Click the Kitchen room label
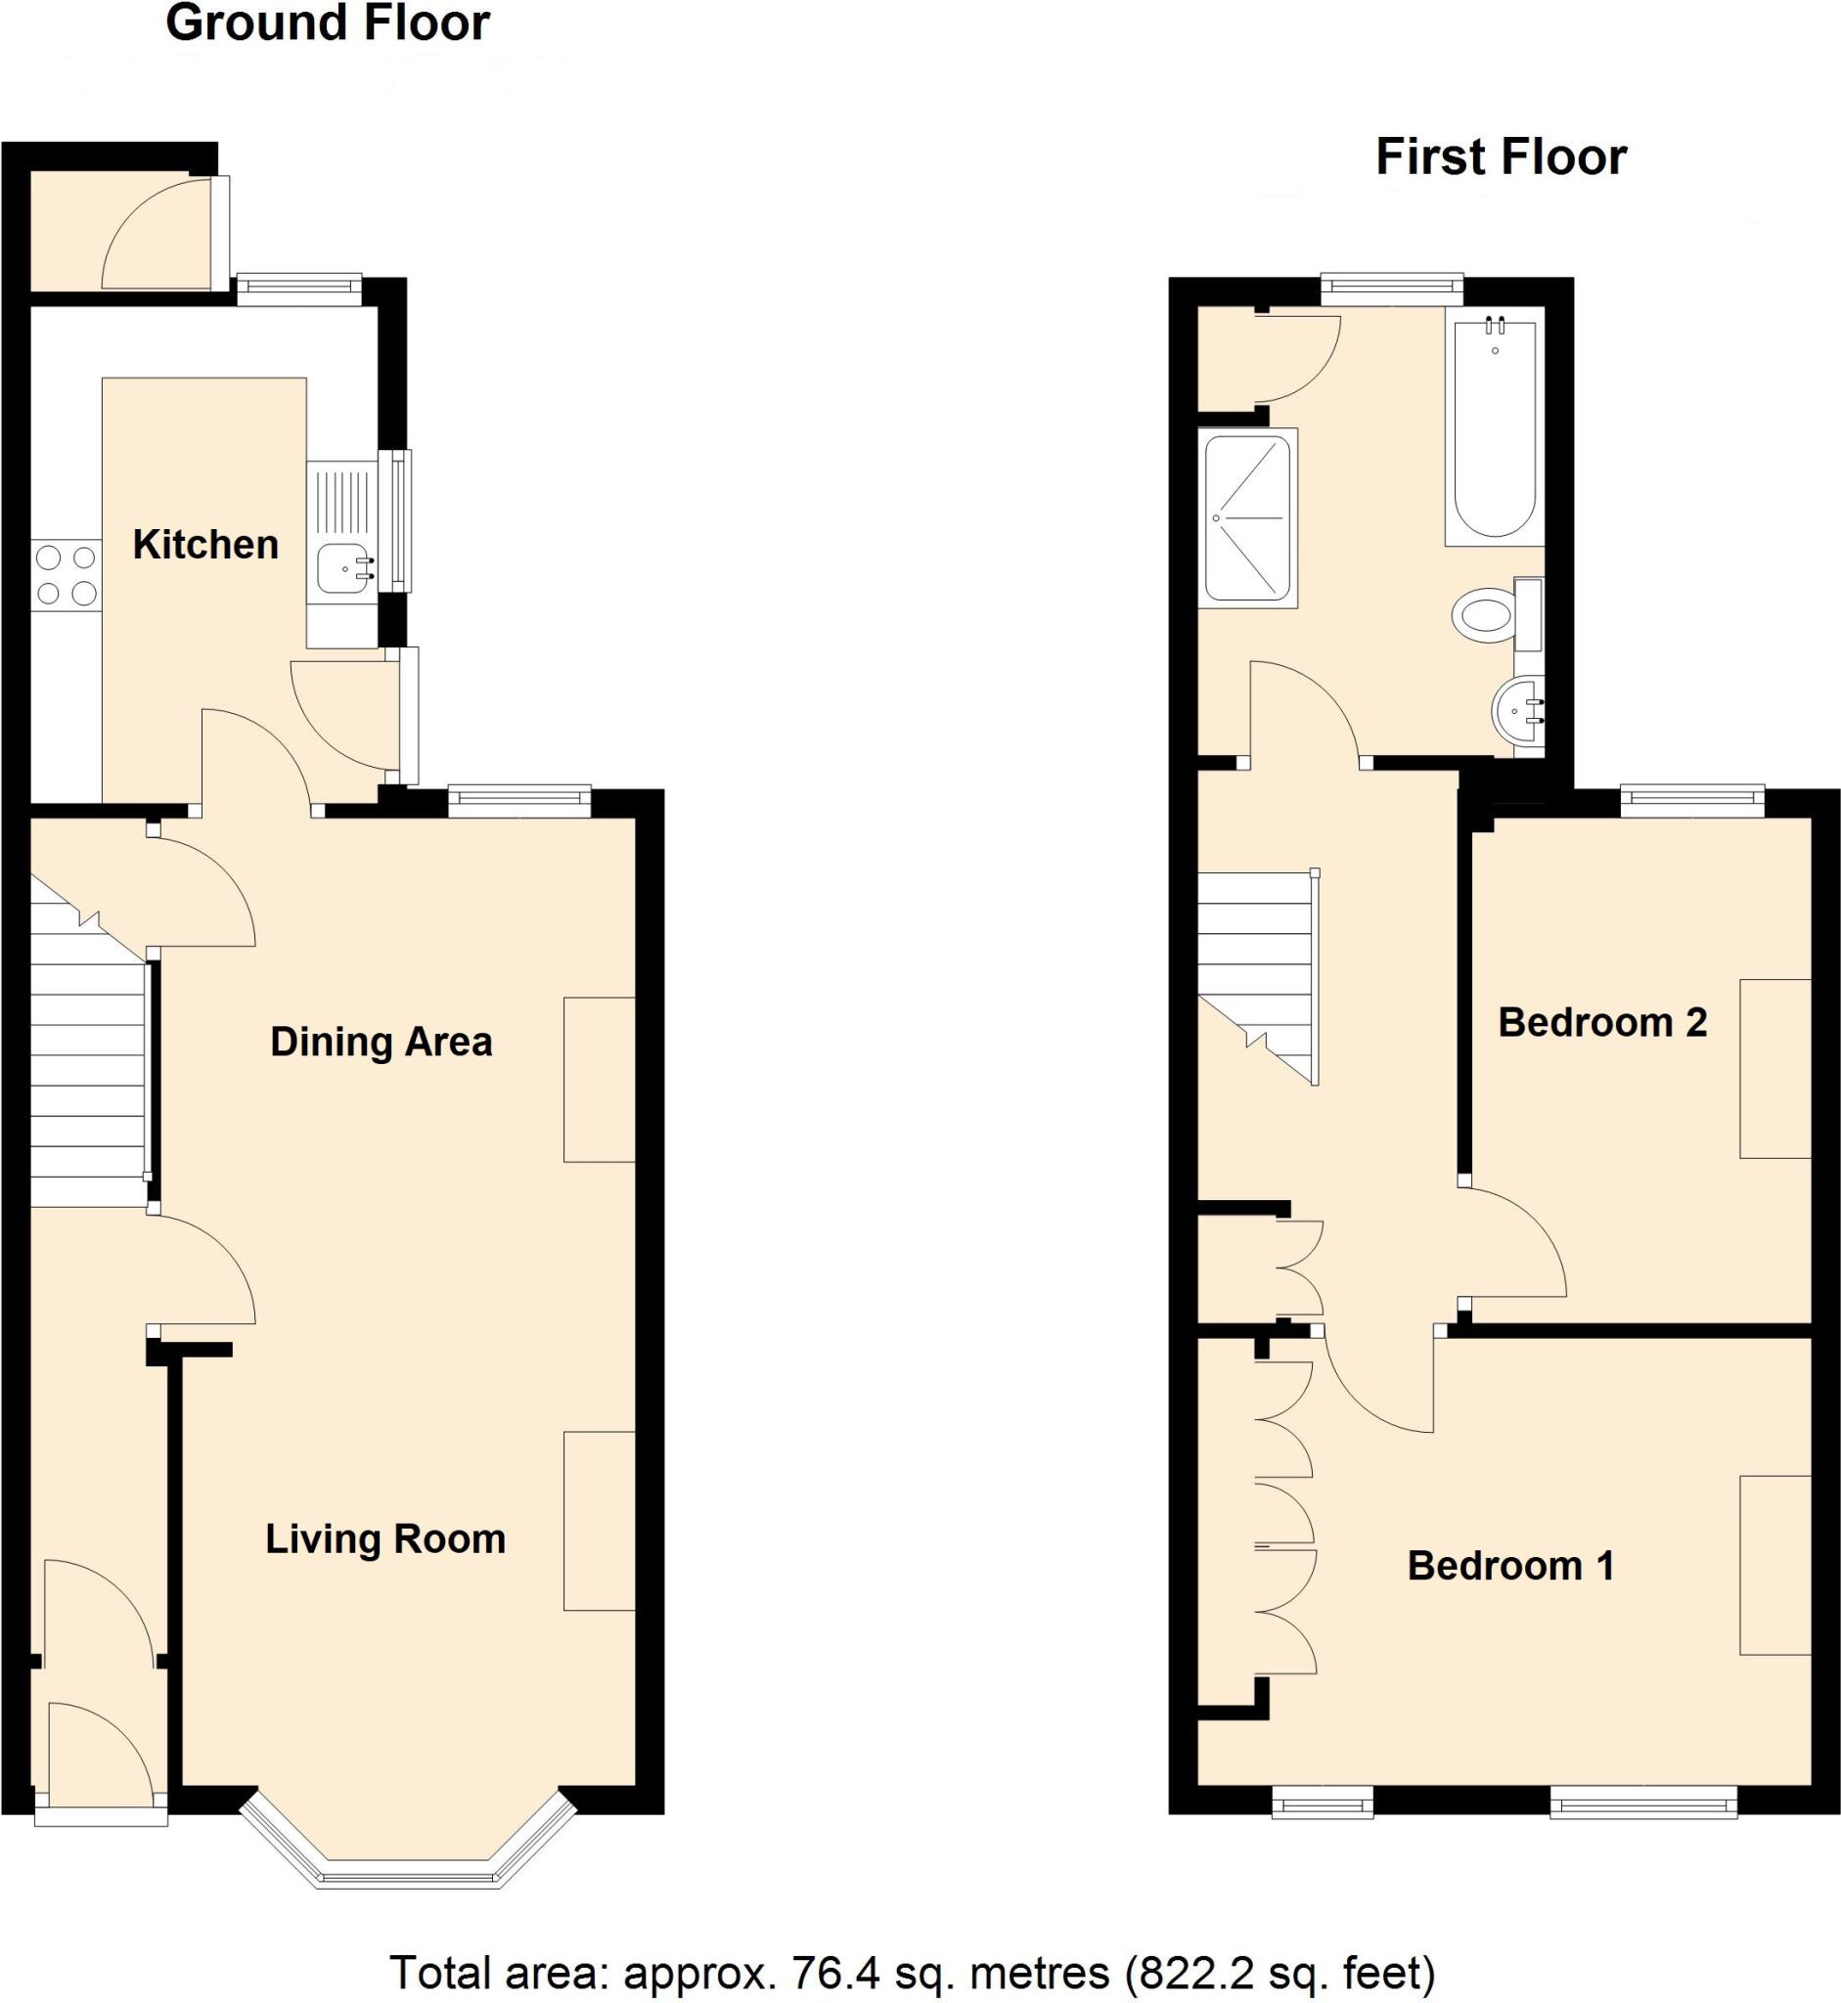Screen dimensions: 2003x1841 click(x=205, y=545)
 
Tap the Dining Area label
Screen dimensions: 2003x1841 click(x=381, y=1042)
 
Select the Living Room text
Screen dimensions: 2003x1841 click(x=384, y=1538)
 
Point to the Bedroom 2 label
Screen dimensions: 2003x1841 click(x=1602, y=1022)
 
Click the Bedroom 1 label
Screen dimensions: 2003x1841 click(x=1510, y=1566)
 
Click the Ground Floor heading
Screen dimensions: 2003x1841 click(x=327, y=23)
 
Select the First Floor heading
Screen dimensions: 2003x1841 click(x=1501, y=157)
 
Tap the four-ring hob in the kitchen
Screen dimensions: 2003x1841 click(x=66, y=575)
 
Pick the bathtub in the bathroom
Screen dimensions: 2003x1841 click(x=1494, y=428)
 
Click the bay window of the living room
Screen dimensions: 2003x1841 click(x=409, y=1877)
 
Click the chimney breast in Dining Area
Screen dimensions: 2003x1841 click(x=599, y=1079)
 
